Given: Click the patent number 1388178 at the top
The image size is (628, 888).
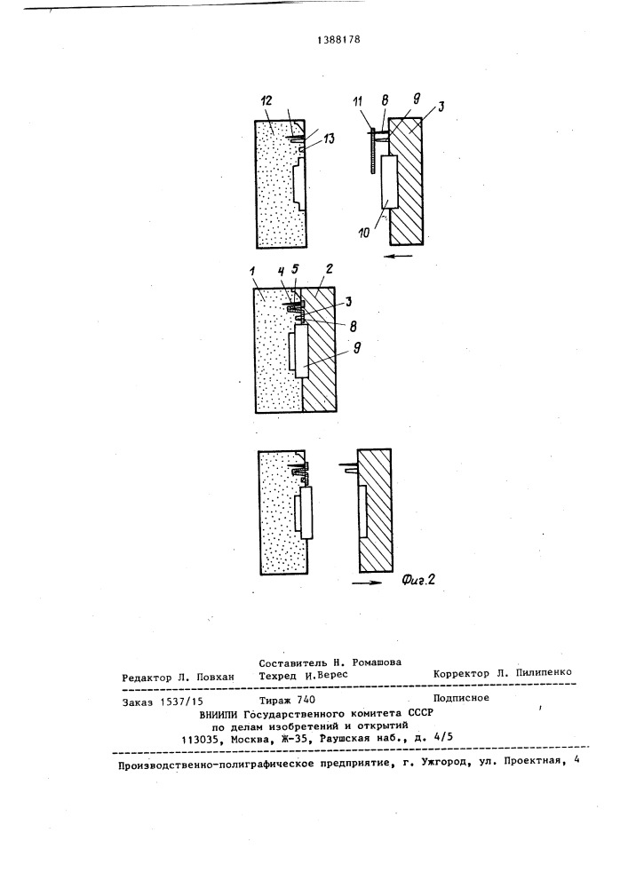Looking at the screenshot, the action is tap(338, 40).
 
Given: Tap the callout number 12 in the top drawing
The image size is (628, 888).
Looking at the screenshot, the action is tap(266, 101).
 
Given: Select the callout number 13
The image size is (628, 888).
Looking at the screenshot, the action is tap(329, 139).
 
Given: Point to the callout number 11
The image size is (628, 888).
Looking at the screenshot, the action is tap(357, 102).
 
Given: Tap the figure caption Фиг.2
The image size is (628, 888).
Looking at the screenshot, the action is tap(417, 579).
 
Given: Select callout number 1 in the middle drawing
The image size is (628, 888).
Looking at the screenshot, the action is tap(255, 276).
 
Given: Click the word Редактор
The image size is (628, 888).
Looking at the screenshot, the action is tap(146, 678).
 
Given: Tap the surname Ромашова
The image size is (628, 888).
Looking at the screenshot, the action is tap(377, 662).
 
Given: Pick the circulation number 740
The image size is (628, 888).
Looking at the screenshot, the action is tap(306, 700).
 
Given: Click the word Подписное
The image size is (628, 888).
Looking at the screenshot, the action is tap(461, 698).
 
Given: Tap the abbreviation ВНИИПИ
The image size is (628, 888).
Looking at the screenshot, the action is tap(217, 714).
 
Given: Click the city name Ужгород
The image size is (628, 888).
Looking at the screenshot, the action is tap(441, 762).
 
